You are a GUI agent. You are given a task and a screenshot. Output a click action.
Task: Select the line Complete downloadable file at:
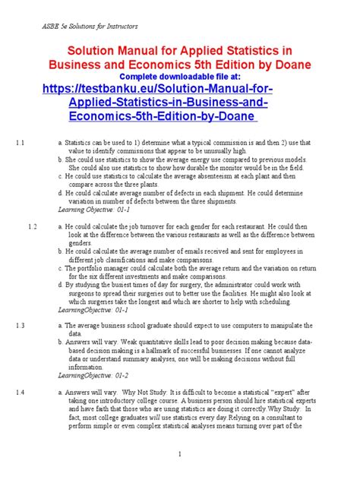coord(180,77)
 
